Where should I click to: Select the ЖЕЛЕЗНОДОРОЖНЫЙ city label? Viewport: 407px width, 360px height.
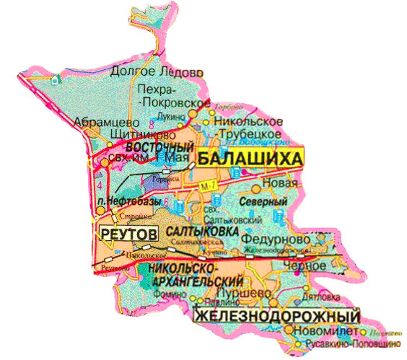pyautogui.click(x=278, y=316)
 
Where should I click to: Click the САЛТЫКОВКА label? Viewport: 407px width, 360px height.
pyautogui.click(x=202, y=232)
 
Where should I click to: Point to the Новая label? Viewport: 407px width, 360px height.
pyautogui.click(x=285, y=183)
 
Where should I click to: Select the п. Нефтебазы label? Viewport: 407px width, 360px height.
pyautogui.click(x=128, y=201)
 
